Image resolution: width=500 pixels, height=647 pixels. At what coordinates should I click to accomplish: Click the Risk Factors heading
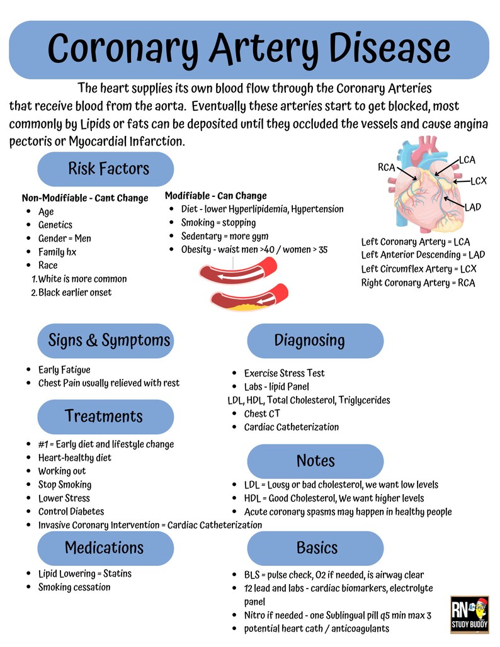(108, 169)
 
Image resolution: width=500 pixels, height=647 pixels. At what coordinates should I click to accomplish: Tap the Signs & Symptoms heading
(109, 340)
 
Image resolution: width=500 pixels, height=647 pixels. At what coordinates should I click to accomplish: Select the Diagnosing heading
(309, 340)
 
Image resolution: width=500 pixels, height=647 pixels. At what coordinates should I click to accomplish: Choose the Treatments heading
(104, 416)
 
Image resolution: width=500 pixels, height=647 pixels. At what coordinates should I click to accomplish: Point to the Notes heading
(315, 461)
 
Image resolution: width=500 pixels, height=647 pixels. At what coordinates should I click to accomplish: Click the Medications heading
(104, 548)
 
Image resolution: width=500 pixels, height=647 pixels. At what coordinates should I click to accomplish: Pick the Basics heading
(317, 548)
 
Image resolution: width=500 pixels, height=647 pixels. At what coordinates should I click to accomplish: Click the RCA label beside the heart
(386, 167)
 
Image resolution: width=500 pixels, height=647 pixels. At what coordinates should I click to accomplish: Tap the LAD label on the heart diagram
(473, 207)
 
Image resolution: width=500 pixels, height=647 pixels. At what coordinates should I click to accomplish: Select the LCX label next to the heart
(479, 181)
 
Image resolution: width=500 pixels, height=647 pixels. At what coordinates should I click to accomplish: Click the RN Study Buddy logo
(470, 615)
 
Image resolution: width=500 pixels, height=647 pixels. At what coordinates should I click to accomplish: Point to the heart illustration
(426, 186)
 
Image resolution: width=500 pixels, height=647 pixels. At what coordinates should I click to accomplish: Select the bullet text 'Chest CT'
(262, 414)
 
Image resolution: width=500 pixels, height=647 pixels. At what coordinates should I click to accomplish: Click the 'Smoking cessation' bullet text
(74, 587)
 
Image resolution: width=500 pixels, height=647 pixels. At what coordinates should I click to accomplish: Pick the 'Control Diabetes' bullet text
(71, 512)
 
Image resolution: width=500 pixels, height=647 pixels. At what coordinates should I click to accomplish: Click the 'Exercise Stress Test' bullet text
(285, 373)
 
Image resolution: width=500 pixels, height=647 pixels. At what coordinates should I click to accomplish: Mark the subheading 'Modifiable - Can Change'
(215, 196)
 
